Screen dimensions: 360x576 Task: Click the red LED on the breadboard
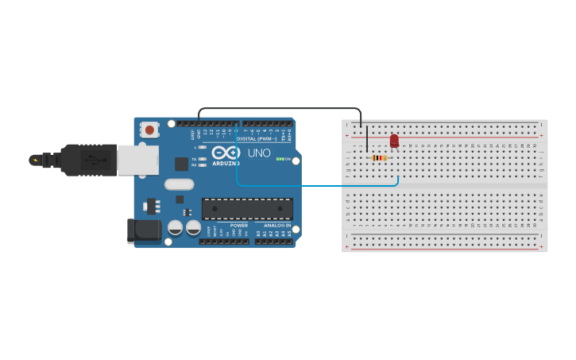(x=394, y=141)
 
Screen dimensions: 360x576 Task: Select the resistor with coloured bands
(x=380, y=157)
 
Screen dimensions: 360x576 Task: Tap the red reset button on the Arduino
(x=149, y=129)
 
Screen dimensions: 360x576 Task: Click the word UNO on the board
(x=259, y=153)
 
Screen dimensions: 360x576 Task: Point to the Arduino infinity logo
(x=226, y=152)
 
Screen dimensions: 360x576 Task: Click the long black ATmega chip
(x=247, y=209)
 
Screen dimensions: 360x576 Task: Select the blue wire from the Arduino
(x=318, y=185)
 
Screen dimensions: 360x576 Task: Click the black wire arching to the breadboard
(x=278, y=108)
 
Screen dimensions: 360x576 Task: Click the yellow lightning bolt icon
(x=34, y=160)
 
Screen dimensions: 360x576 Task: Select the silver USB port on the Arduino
(x=137, y=159)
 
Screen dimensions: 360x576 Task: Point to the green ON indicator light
(x=279, y=159)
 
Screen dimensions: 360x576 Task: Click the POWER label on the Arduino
(x=239, y=225)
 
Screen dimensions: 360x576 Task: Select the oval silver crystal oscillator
(x=180, y=184)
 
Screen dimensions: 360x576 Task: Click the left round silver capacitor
(x=175, y=228)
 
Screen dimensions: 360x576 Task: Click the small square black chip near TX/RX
(x=182, y=164)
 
